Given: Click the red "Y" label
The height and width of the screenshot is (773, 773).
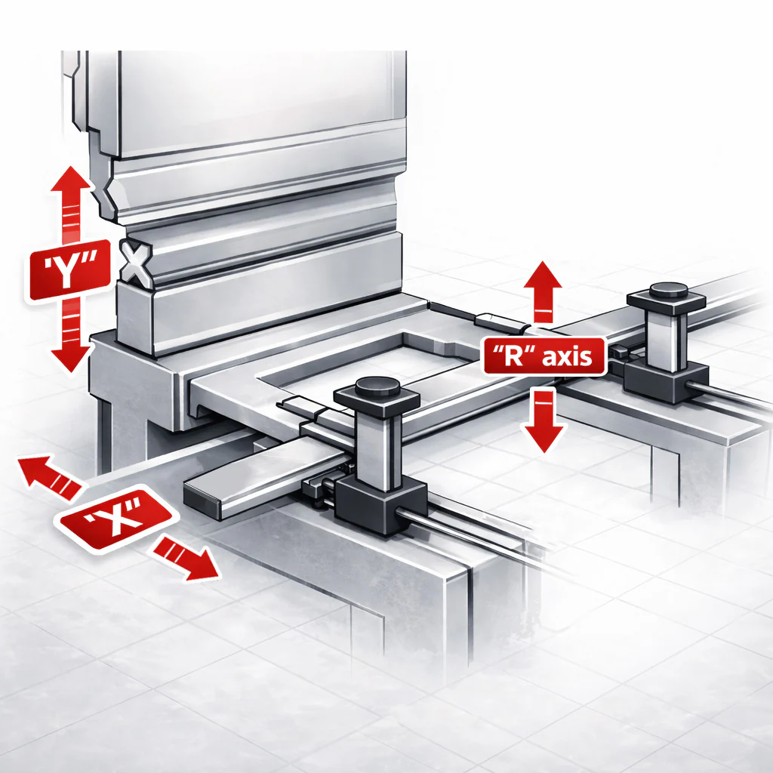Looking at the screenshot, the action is point(69,270).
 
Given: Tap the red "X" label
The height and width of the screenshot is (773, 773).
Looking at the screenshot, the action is point(115,517).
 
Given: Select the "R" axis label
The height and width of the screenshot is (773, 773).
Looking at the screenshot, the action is point(544,356).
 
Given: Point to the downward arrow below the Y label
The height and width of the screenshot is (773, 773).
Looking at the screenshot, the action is point(71,334).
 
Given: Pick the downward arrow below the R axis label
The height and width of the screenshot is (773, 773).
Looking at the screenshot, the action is point(544,420).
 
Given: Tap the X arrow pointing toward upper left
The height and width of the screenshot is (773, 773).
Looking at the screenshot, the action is point(49,475).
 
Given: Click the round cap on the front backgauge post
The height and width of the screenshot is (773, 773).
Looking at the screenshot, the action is point(377,386).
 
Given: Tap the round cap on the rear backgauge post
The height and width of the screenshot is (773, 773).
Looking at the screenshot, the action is point(669,289).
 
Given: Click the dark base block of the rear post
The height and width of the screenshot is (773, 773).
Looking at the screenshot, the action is point(666,381).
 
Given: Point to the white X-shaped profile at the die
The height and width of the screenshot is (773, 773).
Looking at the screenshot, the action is point(136,262).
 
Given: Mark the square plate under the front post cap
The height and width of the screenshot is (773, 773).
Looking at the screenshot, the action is point(377,400).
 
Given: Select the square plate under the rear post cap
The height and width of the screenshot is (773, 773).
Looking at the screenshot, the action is point(667,301).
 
